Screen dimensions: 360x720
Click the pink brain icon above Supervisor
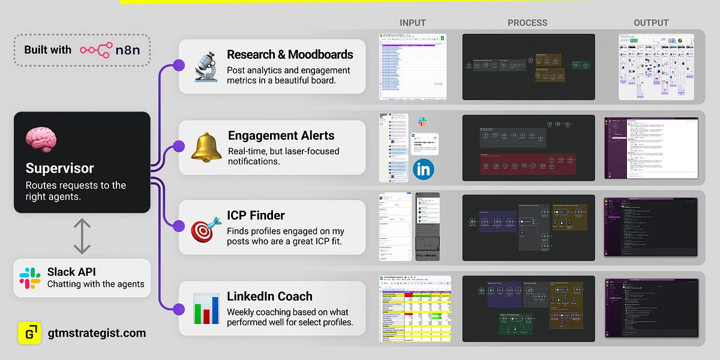[41, 139]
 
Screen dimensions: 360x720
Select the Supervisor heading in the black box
[59, 168]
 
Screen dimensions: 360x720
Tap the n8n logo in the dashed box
[110, 50]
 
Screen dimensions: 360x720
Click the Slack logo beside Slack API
[30, 278]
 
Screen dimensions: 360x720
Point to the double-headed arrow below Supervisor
[82, 236]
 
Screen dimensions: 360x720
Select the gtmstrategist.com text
[96, 332]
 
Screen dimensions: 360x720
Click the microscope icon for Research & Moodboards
[206, 67]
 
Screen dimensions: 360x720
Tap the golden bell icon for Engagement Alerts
[206, 147]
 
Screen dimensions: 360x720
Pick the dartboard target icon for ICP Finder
[206, 228]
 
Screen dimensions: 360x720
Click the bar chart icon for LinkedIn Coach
[206, 308]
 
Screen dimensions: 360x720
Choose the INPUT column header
[412, 23]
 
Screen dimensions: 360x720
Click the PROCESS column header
[527, 23]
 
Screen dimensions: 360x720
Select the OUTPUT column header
[651, 23]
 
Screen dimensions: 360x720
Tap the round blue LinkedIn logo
[424, 169]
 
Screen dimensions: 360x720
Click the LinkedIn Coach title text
[269, 296]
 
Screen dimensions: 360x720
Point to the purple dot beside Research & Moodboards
[178, 65]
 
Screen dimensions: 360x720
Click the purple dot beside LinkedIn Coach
[178, 308]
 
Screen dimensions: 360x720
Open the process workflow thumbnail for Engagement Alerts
[528, 147]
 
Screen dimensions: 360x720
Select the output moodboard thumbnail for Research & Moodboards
[656, 67]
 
